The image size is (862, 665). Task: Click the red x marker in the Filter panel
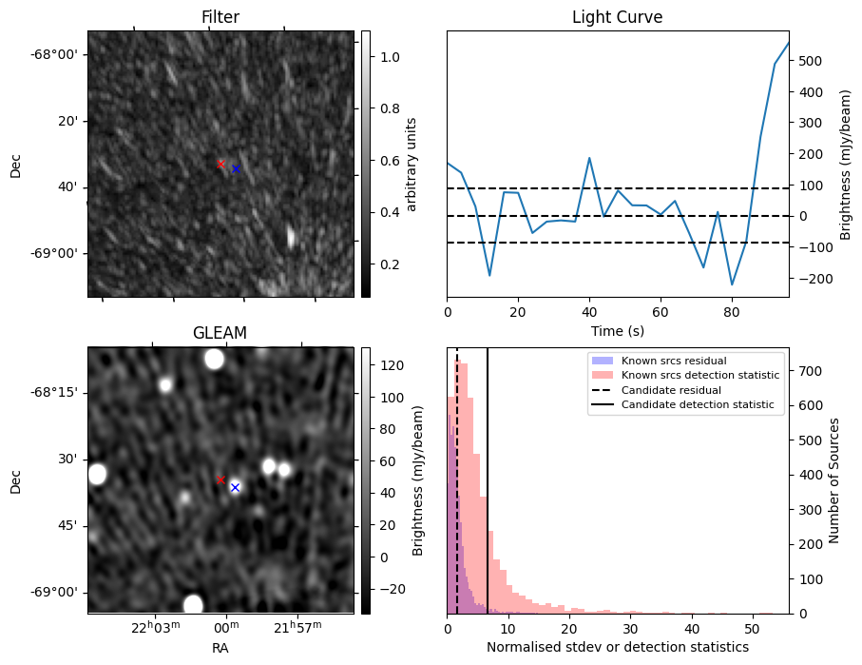pyautogui.click(x=220, y=164)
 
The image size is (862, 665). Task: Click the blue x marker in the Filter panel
pyautogui.click(x=236, y=168)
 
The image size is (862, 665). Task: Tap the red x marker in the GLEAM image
pyautogui.click(x=220, y=480)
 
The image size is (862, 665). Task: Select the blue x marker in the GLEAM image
pyautogui.click(x=235, y=487)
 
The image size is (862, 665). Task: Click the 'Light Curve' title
pyautogui.click(x=617, y=17)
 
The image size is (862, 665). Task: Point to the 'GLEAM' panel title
pyautogui.click(x=220, y=333)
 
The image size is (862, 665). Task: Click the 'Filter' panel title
pyautogui.click(x=220, y=17)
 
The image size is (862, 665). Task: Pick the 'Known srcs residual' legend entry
pyautogui.click(x=673, y=362)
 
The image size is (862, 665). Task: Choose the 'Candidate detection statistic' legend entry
pyautogui.click(x=698, y=405)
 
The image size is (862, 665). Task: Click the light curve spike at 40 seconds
pyautogui.click(x=589, y=158)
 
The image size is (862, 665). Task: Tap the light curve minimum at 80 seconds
pyautogui.click(x=732, y=284)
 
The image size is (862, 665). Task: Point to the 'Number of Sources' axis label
pyautogui.click(x=834, y=480)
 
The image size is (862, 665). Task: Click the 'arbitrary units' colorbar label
pyautogui.click(x=412, y=164)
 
